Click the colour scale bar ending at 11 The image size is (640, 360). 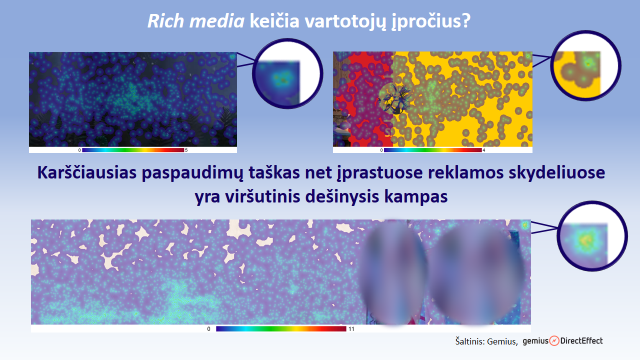point(279,327)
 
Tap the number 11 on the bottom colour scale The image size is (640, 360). point(351,327)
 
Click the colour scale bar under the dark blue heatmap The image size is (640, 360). point(132,149)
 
